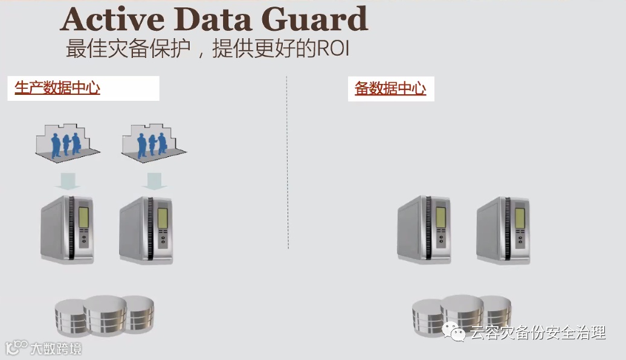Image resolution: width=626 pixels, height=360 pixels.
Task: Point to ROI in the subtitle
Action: pyautogui.click(x=333, y=49)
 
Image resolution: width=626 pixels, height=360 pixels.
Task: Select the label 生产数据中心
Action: pyautogui.click(x=57, y=88)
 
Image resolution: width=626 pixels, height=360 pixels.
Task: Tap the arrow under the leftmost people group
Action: pyautogui.click(x=67, y=179)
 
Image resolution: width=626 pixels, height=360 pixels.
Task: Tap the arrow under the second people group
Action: pyautogui.click(x=154, y=179)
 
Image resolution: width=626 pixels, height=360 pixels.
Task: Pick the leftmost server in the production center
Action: pyautogui.click(x=67, y=229)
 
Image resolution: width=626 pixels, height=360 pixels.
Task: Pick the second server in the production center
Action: pyautogui.click(x=146, y=230)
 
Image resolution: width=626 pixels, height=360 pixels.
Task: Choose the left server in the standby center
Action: pyautogui.click(x=424, y=229)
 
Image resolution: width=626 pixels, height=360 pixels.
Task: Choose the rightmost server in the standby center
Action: pyautogui.click(x=503, y=230)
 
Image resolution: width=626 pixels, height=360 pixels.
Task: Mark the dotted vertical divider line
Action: pyautogui.click(x=287, y=163)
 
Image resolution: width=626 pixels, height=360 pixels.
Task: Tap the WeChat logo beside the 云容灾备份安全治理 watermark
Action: pyautogui.click(x=454, y=332)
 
